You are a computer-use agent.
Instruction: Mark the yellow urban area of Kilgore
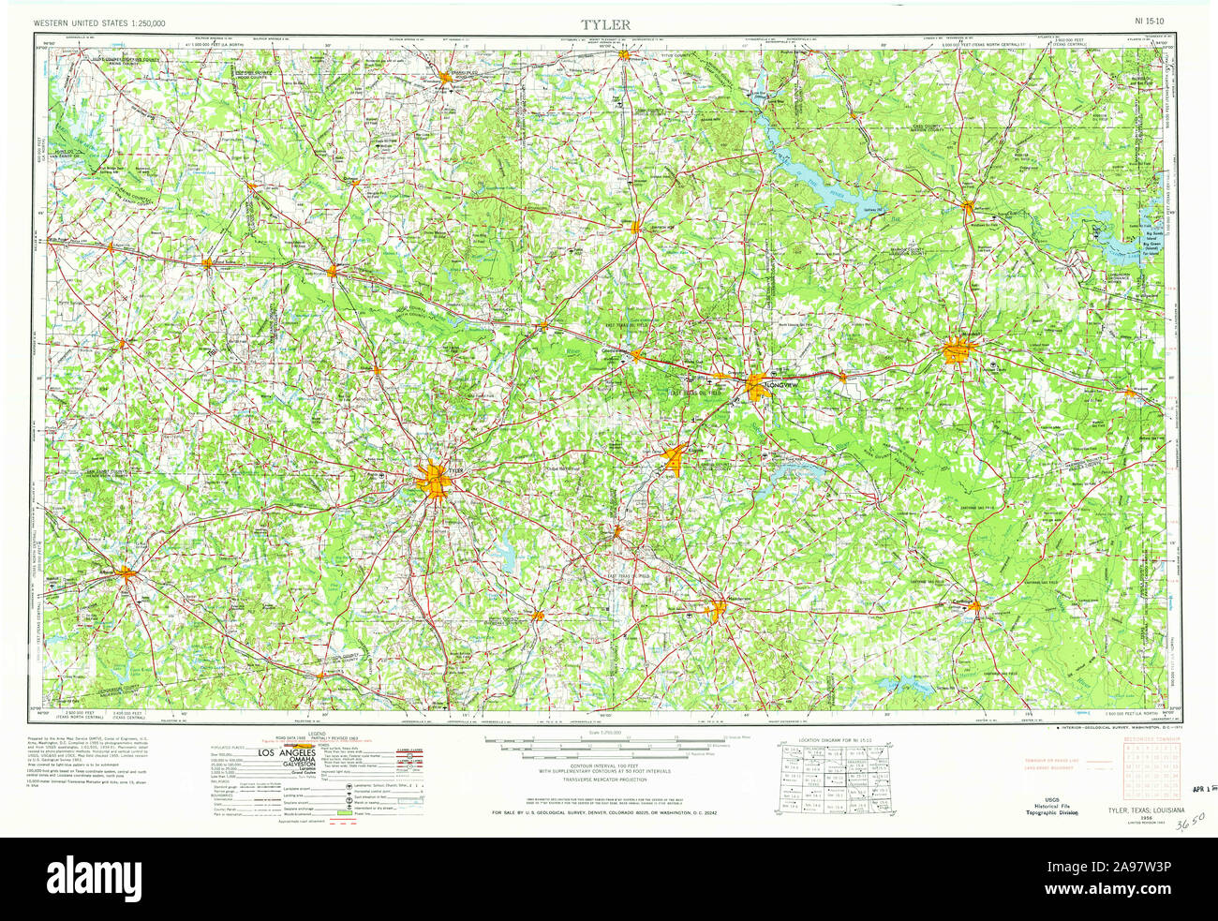click(x=676, y=459)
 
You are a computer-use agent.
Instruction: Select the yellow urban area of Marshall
click(x=959, y=351)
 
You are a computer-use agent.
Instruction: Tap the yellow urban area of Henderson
click(x=719, y=610)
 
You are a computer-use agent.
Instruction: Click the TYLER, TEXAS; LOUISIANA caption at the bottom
click(x=1147, y=809)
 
